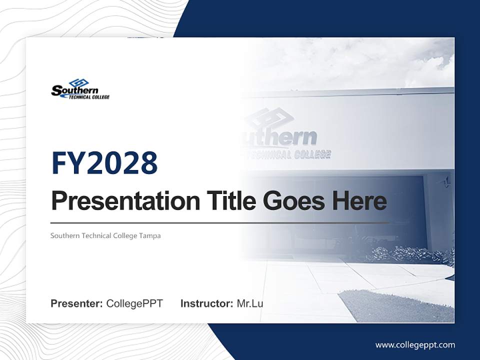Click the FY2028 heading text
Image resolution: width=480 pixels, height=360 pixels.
(104, 163)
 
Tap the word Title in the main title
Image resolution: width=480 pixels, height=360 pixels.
(227, 201)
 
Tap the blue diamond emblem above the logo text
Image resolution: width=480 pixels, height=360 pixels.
(78, 82)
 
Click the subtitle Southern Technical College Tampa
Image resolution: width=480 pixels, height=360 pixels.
(105, 235)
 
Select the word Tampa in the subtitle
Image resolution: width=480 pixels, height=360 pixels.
(150, 235)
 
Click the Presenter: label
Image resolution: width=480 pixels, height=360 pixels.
(76, 303)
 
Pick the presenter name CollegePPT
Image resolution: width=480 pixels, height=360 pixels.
(134, 303)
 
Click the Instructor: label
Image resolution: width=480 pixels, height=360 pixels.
(206, 303)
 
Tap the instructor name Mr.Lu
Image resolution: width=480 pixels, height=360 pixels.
(250, 303)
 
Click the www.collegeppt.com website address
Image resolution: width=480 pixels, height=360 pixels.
(415, 344)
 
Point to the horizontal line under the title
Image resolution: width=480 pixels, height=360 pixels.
(220, 222)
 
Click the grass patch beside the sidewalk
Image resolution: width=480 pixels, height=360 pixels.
(395, 305)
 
